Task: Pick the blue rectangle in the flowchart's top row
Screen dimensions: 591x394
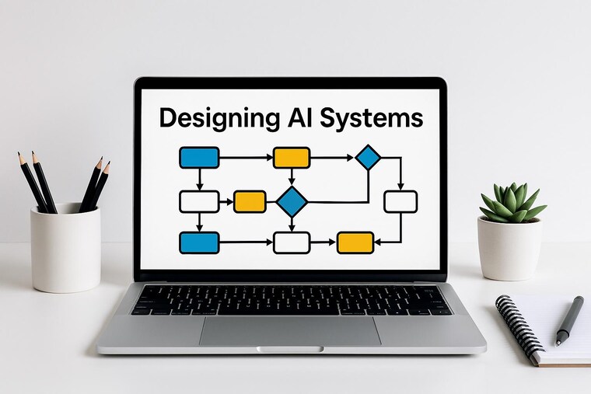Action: click(x=199, y=158)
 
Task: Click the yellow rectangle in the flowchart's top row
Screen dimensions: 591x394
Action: click(x=292, y=158)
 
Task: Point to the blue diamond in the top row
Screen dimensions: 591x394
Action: click(x=369, y=157)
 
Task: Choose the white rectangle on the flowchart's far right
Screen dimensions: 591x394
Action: click(x=400, y=202)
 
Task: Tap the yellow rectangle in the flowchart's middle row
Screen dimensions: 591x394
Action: click(x=250, y=202)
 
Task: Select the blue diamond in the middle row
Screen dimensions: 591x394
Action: click(x=292, y=202)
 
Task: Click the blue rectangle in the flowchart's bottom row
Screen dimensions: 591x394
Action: click(x=199, y=242)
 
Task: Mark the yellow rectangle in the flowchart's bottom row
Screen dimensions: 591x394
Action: click(x=355, y=242)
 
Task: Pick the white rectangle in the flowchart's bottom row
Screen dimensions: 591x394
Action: click(x=292, y=242)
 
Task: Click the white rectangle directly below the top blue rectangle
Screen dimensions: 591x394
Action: click(x=199, y=202)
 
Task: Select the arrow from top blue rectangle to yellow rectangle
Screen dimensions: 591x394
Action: click(x=247, y=158)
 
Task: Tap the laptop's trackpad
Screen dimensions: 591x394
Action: click(x=290, y=331)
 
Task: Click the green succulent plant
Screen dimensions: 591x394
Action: click(x=512, y=203)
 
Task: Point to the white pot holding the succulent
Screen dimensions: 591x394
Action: click(x=509, y=249)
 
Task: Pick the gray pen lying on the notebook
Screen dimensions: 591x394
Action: click(x=569, y=321)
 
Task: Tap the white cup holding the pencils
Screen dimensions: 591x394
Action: click(x=65, y=248)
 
